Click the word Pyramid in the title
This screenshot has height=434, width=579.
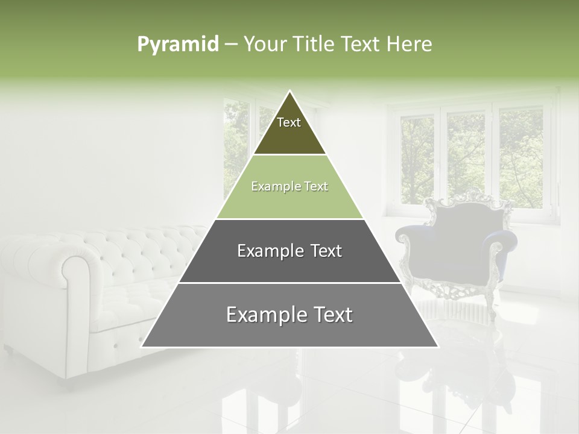coord(177,45)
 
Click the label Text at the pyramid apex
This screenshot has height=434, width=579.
coord(289,122)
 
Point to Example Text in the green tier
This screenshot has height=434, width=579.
coord(289,187)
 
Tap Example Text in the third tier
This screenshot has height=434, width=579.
coord(289,251)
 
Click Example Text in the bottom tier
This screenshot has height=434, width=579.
coord(289,315)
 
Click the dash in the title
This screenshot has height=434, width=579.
coord(231,45)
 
